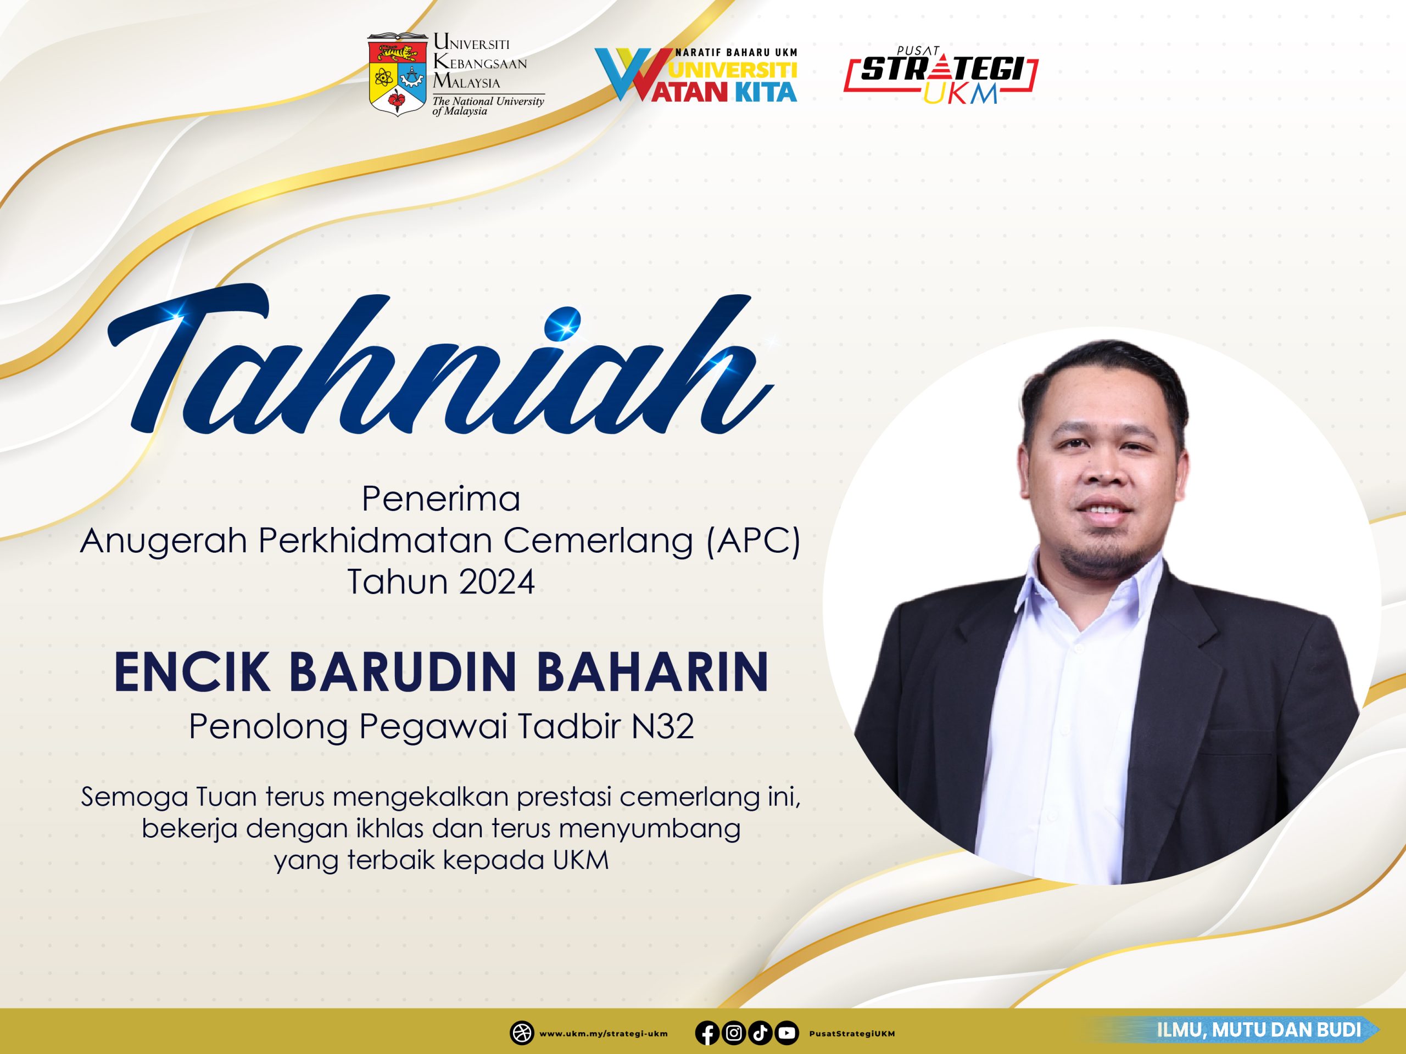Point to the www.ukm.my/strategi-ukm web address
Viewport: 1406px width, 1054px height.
(x=603, y=1034)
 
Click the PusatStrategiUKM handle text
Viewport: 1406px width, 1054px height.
(x=852, y=1034)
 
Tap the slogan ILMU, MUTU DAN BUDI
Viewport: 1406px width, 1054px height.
(x=1259, y=1029)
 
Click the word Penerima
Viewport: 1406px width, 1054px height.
(x=440, y=498)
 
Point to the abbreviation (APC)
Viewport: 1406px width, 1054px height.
(x=753, y=541)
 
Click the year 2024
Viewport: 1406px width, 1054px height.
(x=496, y=582)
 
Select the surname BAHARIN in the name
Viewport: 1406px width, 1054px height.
(x=653, y=671)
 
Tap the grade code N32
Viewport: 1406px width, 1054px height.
(x=662, y=726)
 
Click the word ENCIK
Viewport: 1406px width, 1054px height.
(x=191, y=671)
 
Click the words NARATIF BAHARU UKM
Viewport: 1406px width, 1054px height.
(x=736, y=53)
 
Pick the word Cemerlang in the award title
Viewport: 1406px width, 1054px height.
(x=598, y=541)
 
